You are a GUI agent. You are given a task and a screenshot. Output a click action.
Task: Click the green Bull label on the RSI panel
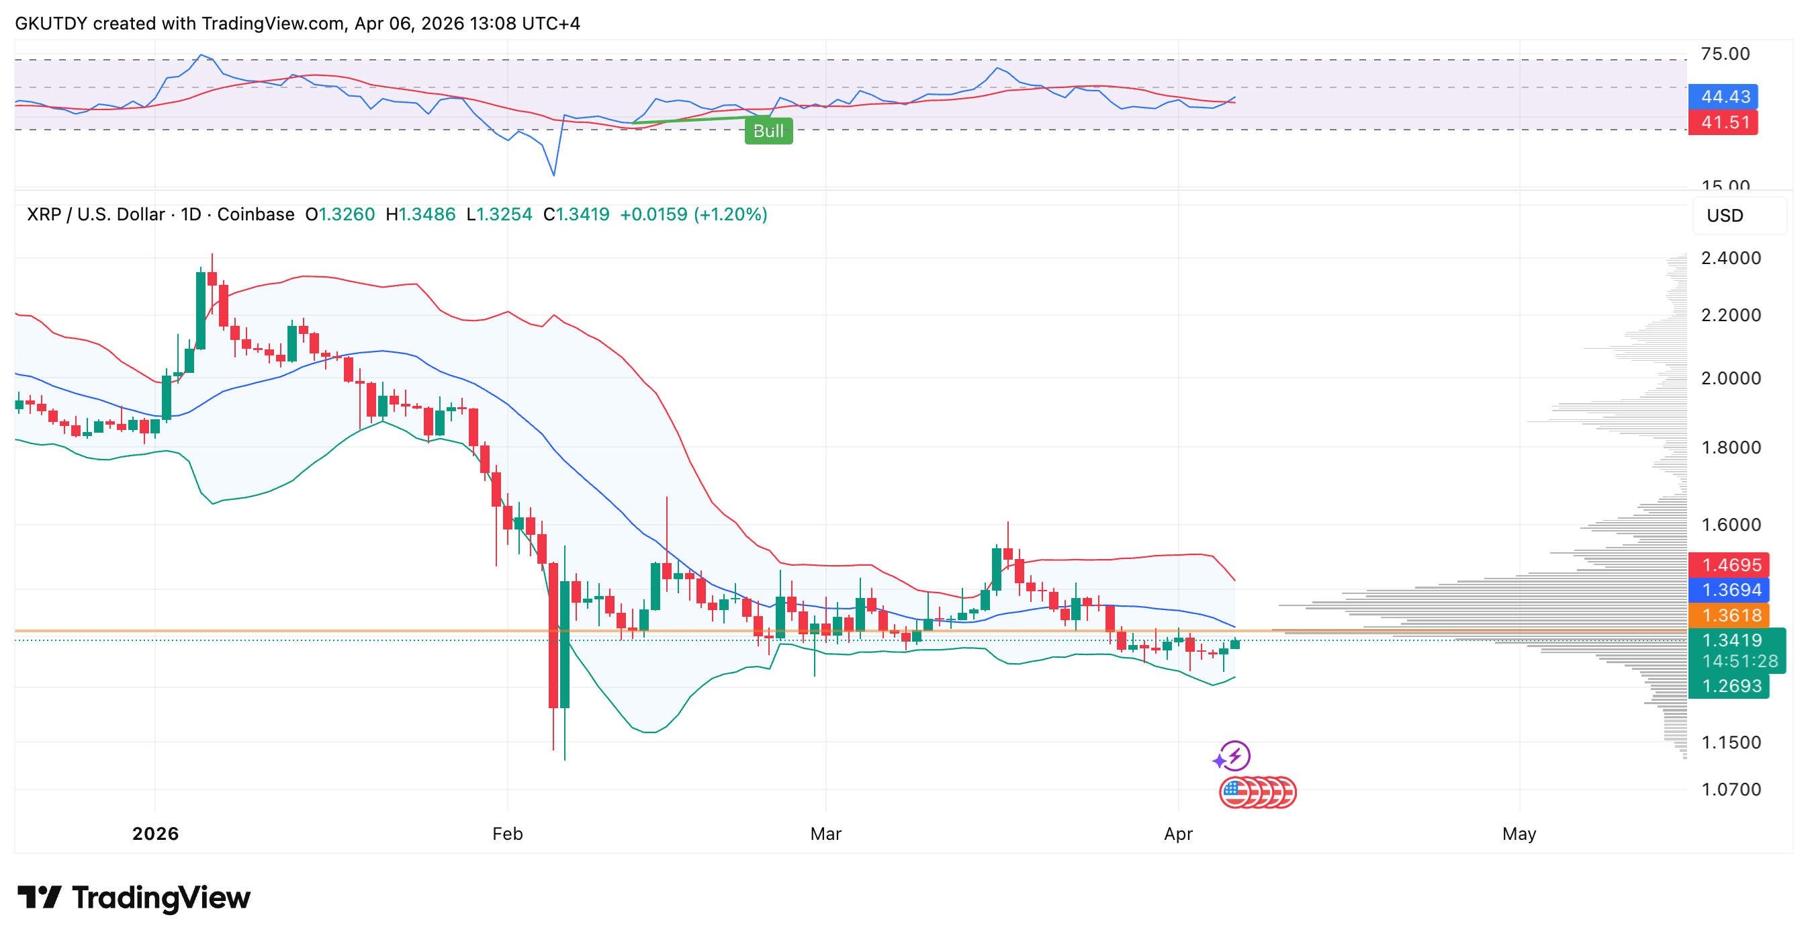coord(768,131)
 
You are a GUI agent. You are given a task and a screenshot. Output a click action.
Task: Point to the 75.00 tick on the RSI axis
coord(1725,54)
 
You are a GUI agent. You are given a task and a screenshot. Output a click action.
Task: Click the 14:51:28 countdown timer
coord(1739,661)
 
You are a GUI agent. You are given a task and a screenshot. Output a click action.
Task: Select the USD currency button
coord(1725,216)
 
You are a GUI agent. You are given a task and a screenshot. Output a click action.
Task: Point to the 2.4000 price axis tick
coord(1730,257)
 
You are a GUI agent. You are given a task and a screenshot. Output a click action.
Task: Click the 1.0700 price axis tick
coord(1730,789)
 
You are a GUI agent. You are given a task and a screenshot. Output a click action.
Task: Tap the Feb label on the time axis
coord(507,833)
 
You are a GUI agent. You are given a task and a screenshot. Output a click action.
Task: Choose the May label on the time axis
coord(1518,833)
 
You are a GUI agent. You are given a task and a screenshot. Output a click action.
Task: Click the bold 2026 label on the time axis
coord(155,833)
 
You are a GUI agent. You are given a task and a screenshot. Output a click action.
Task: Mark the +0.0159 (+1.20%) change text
coord(692,214)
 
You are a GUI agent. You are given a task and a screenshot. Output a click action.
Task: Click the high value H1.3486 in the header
coord(420,214)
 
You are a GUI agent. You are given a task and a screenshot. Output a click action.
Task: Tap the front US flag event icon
coord(1235,794)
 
